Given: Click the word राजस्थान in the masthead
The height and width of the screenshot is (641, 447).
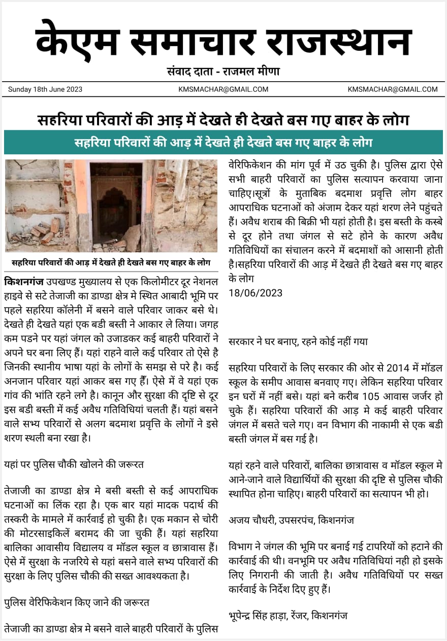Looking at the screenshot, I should click(x=338, y=41).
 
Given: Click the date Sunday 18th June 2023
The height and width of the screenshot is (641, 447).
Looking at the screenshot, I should click(x=45, y=89).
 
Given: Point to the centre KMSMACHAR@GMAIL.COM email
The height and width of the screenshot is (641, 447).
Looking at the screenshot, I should click(x=223, y=89).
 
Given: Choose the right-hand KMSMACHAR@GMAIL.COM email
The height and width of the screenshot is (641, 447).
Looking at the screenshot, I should click(x=393, y=89).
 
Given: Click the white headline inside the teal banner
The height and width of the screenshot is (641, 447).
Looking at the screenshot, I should click(x=223, y=142).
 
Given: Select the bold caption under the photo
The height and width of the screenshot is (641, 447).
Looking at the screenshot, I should click(x=111, y=263).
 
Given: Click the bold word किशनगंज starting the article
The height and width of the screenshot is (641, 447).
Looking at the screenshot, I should click(x=24, y=281).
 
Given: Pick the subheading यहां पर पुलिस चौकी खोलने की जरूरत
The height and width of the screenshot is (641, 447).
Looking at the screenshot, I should click(x=74, y=464).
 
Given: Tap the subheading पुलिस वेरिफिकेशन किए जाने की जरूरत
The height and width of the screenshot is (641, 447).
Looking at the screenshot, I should click(x=77, y=602).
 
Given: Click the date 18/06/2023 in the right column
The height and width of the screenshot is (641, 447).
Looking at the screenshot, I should click(x=256, y=293).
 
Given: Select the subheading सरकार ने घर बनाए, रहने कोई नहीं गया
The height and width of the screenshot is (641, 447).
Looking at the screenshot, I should click(x=298, y=342).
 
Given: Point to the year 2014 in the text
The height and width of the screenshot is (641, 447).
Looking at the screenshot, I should click(x=398, y=367).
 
